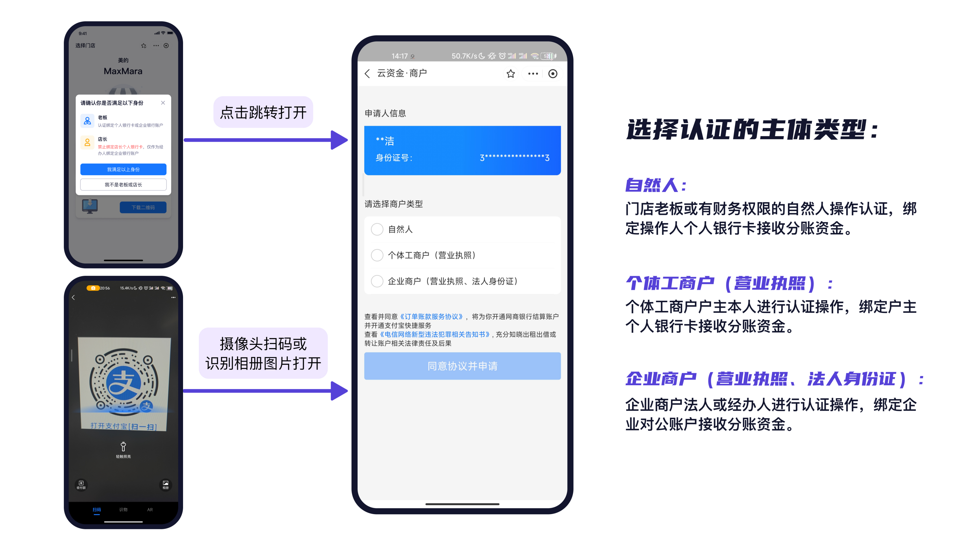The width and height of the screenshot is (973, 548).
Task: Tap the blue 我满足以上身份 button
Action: pyautogui.click(x=123, y=170)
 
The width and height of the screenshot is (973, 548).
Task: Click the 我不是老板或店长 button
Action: pyautogui.click(x=123, y=184)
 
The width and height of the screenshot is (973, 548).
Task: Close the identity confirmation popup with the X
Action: pyautogui.click(x=163, y=103)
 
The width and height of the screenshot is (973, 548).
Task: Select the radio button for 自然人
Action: pyautogui.click(x=377, y=229)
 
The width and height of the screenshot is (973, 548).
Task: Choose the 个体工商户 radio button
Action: pyautogui.click(x=377, y=255)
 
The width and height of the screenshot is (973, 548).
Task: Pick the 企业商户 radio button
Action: pyautogui.click(x=377, y=281)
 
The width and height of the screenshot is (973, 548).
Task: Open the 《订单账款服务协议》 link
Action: pyautogui.click(x=432, y=317)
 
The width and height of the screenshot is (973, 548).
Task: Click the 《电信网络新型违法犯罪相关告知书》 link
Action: pyautogui.click(x=435, y=334)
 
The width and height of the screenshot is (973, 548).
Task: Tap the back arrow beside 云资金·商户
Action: pyautogui.click(x=367, y=73)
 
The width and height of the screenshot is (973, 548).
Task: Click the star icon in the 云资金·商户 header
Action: pyautogui.click(x=511, y=74)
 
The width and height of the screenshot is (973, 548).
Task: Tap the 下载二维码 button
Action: pyautogui.click(x=143, y=207)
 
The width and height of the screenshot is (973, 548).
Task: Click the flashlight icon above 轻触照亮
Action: pyautogui.click(x=123, y=446)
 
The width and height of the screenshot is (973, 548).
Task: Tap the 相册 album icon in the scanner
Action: pyautogui.click(x=166, y=484)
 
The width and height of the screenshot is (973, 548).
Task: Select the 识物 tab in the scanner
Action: pyautogui.click(x=123, y=509)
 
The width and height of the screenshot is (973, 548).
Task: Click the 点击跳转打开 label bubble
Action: pyautogui.click(x=263, y=112)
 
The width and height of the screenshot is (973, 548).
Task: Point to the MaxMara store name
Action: pyautogui.click(x=123, y=71)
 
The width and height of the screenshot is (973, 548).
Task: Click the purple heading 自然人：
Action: pyautogui.click(x=655, y=185)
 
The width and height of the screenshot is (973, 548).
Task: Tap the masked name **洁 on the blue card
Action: pyautogui.click(x=385, y=141)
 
